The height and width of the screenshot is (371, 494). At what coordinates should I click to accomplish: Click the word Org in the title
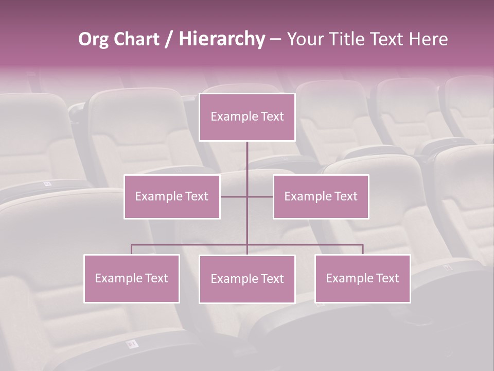(x=94, y=39)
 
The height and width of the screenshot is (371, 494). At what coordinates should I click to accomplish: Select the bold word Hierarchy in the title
(x=221, y=39)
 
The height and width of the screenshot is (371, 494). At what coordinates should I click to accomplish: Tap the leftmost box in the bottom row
(x=132, y=291)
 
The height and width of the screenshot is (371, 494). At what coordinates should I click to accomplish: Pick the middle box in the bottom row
(x=247, y=292)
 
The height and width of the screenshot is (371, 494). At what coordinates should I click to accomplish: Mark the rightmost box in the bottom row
(x=363, y=291)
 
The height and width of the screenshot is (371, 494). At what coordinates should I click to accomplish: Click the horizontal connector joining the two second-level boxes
(x=234, y=196)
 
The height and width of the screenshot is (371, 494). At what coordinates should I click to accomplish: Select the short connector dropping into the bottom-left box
(x=132, y=249)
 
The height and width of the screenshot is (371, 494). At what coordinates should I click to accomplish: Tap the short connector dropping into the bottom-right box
(x=363, y=249)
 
